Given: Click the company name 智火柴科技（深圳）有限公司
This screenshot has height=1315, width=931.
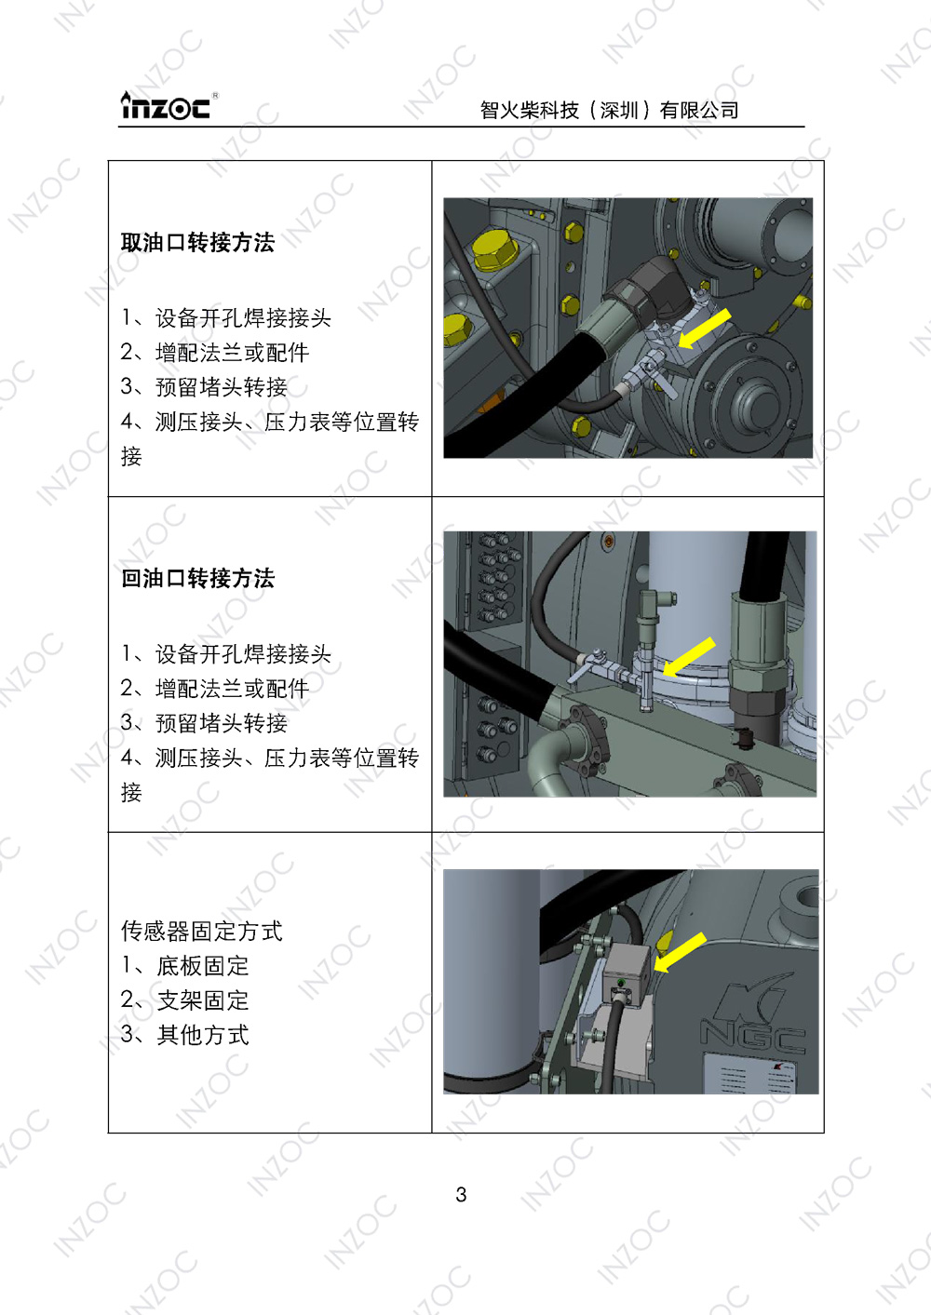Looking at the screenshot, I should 609,111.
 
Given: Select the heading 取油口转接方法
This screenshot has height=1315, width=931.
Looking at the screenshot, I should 197,243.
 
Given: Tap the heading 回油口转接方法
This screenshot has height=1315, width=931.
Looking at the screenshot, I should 197,579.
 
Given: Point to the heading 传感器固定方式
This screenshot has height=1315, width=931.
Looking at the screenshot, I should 201,931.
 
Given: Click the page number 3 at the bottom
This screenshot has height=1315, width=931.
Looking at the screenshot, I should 461,1195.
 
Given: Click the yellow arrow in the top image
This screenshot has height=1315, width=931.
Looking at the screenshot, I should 704,329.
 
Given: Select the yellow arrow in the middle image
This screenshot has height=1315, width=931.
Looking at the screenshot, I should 688,657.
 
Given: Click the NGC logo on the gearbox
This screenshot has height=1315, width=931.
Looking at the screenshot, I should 751,1020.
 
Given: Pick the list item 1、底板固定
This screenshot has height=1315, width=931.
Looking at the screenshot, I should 185,966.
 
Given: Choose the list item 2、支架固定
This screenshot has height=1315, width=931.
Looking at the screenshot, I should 185,1000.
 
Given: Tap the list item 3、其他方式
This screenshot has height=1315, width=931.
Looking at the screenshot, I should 185,1035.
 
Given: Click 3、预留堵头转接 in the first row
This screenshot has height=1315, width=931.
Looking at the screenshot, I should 204,387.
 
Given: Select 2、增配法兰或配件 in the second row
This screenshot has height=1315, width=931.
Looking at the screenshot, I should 215,689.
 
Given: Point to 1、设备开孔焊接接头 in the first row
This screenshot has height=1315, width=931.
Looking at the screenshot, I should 226,318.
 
